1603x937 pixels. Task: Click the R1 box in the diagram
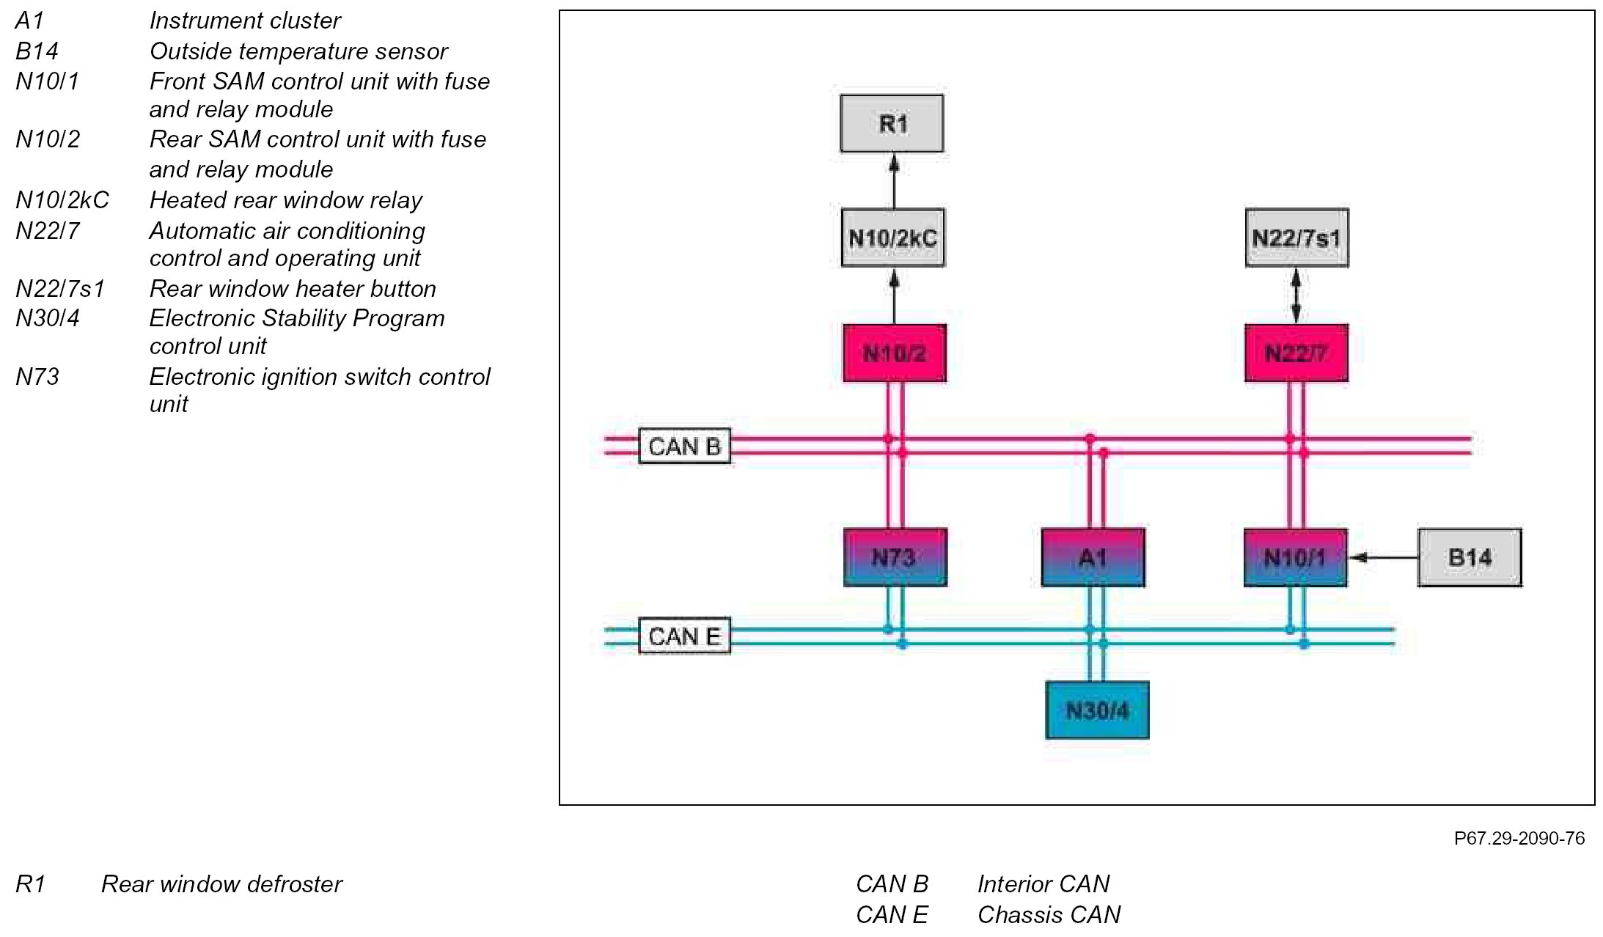[892, 123]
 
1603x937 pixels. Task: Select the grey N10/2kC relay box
[892, 238]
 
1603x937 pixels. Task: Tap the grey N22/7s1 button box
[1296, 238]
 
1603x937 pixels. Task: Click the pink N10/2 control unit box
[894, 353]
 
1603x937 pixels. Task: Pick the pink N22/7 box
[1296, 353]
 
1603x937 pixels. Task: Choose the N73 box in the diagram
[895, 557]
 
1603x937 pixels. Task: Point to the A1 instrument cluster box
[1093, 557]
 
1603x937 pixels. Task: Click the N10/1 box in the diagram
[1295, 557]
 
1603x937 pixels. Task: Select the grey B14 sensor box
[1470, 557]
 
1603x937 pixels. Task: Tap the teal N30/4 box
[1097, 710]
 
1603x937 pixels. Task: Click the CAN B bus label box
[684, 446]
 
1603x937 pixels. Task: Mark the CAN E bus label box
[684, 636]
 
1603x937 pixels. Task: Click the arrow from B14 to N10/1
[1383, 557]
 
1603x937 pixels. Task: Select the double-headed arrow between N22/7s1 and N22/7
[1296, 295]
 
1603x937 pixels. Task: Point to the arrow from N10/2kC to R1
[893, 180]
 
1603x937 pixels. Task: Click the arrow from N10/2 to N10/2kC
[893, 295]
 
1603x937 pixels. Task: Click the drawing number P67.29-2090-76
[1519, 838]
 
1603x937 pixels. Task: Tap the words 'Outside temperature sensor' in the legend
[298, 51]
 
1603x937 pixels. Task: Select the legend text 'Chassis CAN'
[1049, 914]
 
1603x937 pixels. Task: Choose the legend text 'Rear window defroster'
[221, 883]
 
